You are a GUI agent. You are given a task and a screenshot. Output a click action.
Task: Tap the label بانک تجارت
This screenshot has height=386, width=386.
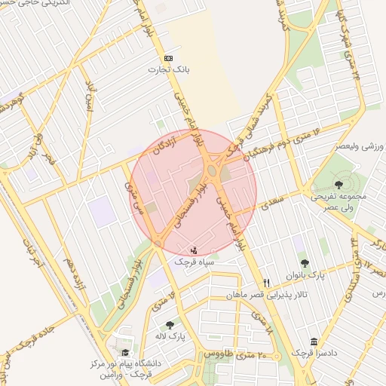(x=168, y=69)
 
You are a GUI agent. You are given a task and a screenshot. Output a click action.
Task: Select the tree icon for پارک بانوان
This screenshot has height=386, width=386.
(x=305, y=263)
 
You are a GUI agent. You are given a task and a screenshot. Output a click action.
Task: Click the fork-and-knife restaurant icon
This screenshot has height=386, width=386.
(x=266, y=282)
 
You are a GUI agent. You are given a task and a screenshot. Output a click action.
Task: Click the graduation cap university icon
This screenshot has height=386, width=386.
(x=125, y=352)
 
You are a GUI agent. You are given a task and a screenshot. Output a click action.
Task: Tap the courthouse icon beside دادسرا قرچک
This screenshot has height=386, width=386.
(x=314, y=342)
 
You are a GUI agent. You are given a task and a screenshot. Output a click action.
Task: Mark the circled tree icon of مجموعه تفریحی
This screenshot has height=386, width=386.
(x=337, y=184)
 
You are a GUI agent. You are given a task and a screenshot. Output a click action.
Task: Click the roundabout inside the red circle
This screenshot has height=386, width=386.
(x=212, y=172)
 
